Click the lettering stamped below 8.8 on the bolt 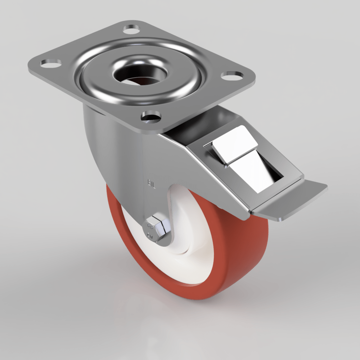[x=151, y=236]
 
